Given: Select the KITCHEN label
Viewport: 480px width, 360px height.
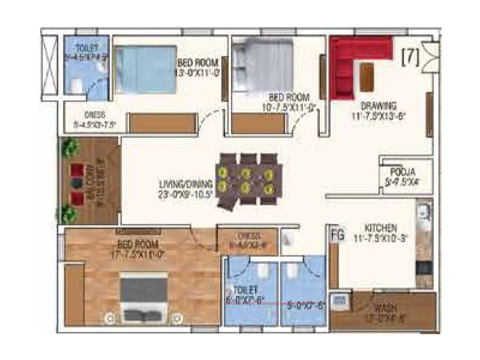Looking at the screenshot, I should coord(380,228).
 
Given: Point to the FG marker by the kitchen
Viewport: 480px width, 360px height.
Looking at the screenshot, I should coord(337,235).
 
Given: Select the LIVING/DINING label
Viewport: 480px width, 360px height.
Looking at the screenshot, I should coord(186,184).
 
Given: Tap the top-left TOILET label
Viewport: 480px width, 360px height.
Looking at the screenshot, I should coord(87,48).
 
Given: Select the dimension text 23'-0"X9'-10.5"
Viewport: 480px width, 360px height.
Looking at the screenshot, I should coord(187,194).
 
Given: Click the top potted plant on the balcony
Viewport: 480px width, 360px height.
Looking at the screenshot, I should coord(70,146).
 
